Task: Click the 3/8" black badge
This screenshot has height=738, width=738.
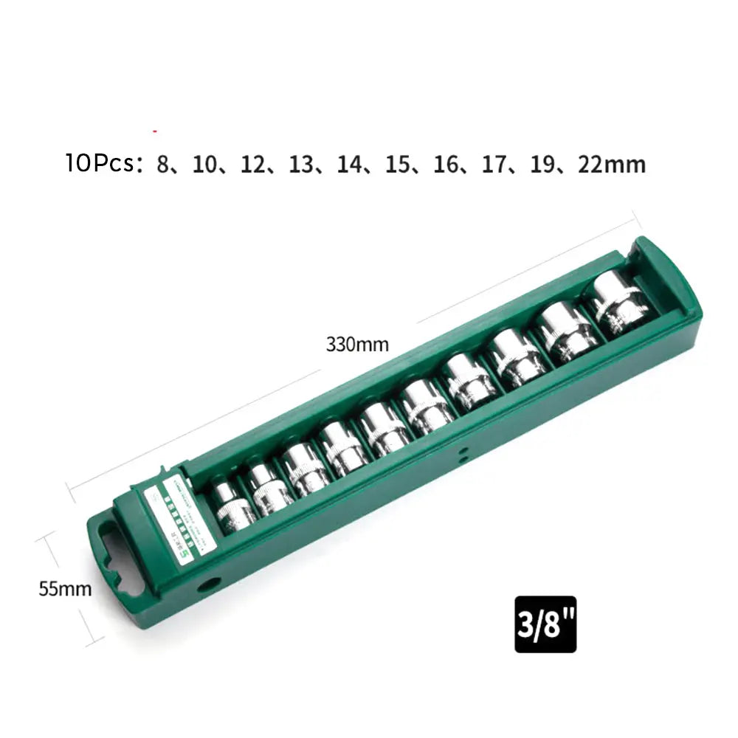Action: [545, 624]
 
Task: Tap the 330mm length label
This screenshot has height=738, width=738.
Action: [357, 344]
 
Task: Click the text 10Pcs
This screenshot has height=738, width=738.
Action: [103, 163]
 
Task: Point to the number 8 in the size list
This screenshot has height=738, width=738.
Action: [162, 164]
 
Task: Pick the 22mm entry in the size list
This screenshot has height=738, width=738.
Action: [612, 164]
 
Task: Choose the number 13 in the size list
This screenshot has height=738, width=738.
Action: [301, 164]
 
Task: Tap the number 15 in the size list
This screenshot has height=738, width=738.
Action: [398, 164]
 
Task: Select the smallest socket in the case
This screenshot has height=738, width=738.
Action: [231, 507]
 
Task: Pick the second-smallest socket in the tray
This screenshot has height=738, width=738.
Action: [269, 488]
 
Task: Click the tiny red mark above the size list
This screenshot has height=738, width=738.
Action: [155, 131]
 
